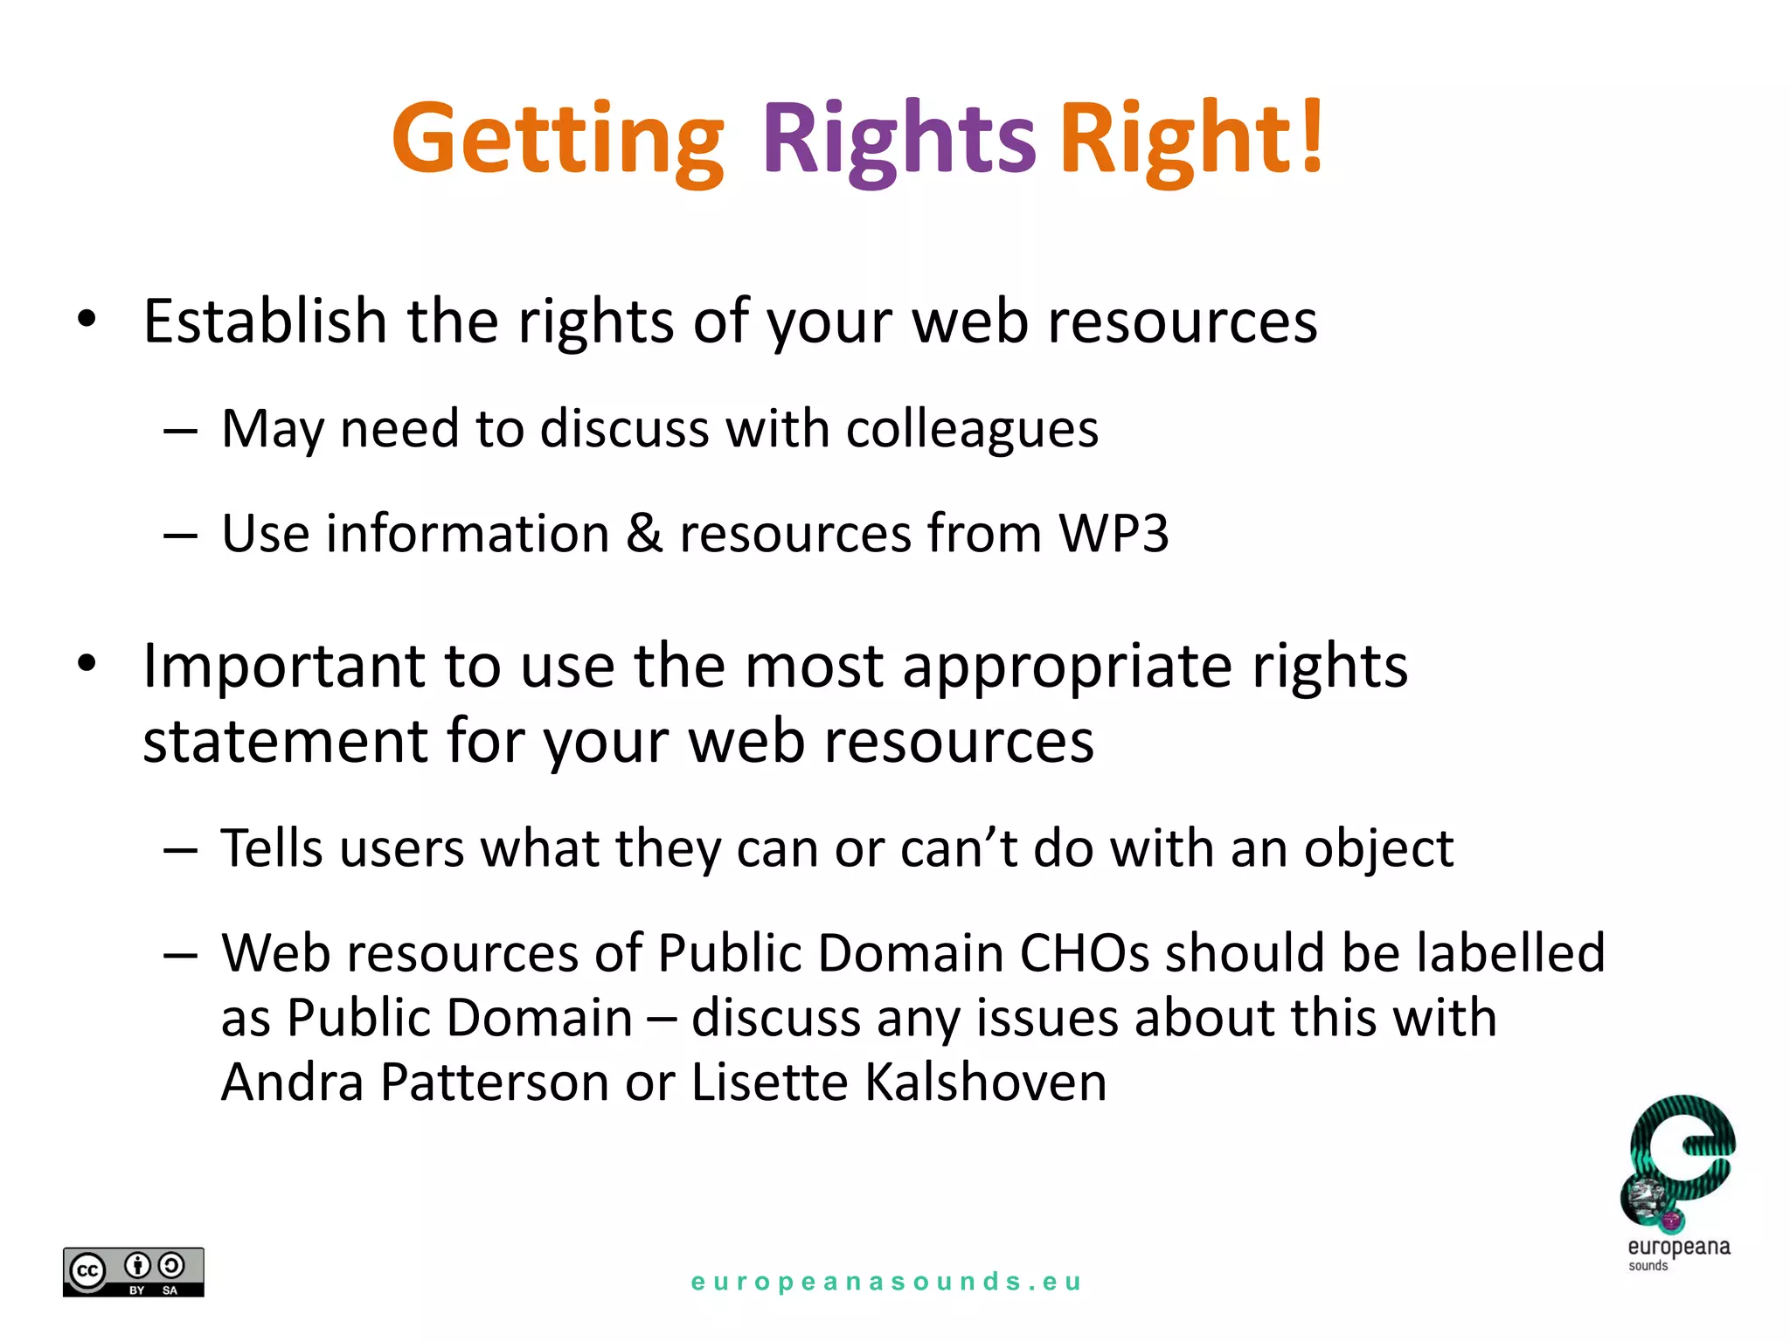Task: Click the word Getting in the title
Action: tap(558, 140)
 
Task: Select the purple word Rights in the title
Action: tap(898, 140)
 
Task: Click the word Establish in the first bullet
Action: tap(265, 322)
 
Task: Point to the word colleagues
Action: tap(972, 430)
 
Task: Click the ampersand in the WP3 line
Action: tap(644, 533)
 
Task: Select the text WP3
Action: tap(1114, 533)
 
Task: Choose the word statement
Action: tap(285, 742)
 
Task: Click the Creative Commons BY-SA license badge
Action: tap(134, 1272)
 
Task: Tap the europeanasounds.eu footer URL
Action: tap(886, 1282)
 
